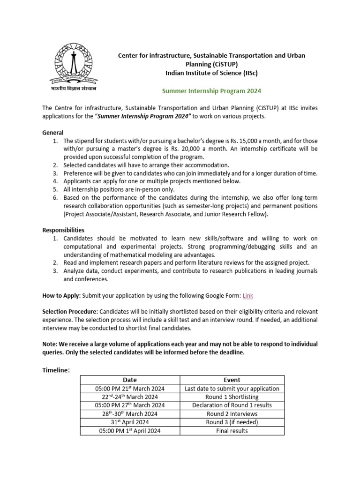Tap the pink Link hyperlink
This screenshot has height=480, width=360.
(x=248, y=295)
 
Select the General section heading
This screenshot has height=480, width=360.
(x=52, y=133)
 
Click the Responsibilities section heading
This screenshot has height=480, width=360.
(x=63, y=230)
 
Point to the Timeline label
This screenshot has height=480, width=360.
(x=55, y=370)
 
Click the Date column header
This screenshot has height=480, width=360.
(x=130, y=380)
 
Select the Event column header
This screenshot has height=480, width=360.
(x=232, y=380)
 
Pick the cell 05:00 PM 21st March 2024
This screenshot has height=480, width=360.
(x=130, y=388)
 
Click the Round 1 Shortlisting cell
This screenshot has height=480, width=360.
(x=232, y=397)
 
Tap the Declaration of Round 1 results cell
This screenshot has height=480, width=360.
(x=232, y=405)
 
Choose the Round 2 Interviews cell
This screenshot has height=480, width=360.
(x=232, y=413)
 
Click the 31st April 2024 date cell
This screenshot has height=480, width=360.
(x=130, y=422)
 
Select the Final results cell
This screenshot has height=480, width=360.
(x=232, y=430)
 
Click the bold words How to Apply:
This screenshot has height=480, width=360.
(x=61, y=295)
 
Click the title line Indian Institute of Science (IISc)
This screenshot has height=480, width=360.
(x=211, y=73)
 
